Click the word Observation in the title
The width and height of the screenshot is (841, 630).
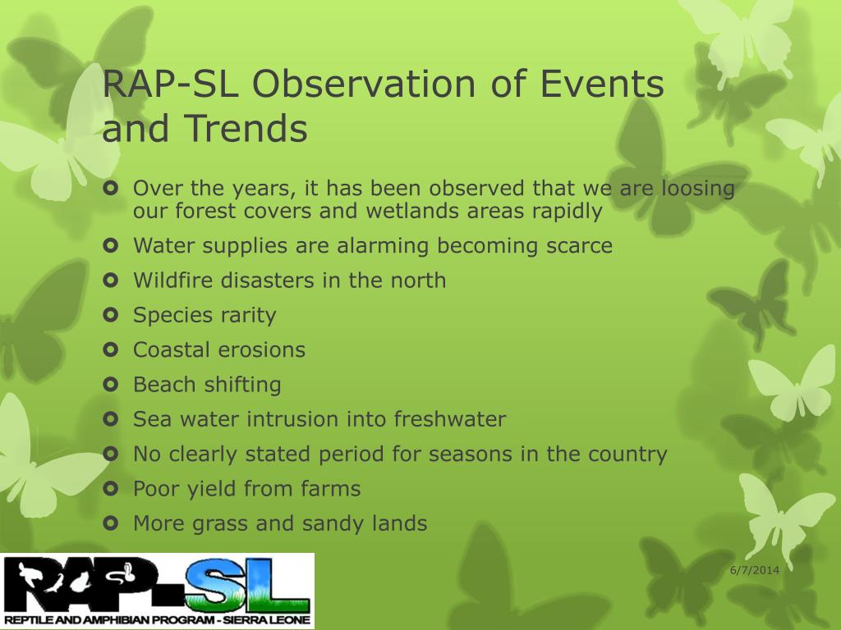pos(364,84)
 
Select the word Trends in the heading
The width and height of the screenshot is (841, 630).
pos(246,129)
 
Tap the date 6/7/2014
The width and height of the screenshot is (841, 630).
pos(755,570)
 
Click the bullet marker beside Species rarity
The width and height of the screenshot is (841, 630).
pos(110,315)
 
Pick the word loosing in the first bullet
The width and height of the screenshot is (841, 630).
pos(698,189)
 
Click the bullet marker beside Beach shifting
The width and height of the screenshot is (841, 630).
pos(110,384)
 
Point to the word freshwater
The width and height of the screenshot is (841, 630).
pos(450,419)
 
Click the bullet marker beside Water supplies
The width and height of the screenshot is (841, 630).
pos(110,245)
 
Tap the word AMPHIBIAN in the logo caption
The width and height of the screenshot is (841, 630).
pos(113,621)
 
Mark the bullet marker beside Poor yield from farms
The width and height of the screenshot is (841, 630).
pos(110,489)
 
